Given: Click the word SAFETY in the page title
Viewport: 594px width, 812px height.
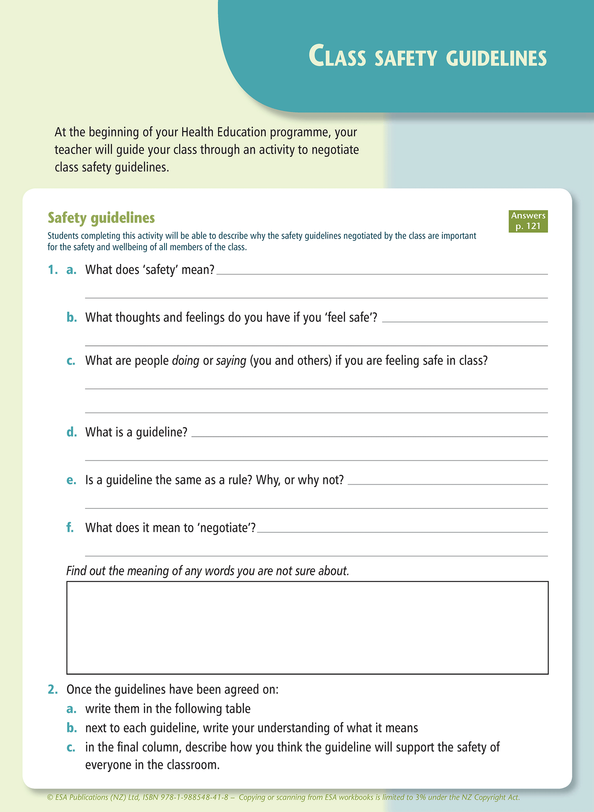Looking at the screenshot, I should (405, 58).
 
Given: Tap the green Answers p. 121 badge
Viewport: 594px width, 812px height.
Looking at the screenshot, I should (528, 221).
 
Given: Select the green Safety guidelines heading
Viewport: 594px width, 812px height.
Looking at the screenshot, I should (101, 218).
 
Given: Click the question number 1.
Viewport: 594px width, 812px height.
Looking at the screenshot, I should (52, 270).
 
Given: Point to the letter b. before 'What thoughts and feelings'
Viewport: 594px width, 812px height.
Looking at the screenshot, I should (72, 317).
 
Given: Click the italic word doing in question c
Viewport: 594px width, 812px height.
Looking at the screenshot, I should (185, 361).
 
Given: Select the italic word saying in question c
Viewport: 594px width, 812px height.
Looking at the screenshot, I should (231, 361).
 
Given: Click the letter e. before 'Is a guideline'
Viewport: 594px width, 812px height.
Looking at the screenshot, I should (72, 480).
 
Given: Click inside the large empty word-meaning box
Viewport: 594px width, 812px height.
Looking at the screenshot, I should (307, 627).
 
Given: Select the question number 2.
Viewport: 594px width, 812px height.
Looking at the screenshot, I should (53, 689).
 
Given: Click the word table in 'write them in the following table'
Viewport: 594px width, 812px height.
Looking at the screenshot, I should (238, 708).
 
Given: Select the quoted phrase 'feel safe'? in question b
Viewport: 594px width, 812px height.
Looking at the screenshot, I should (351, 317).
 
